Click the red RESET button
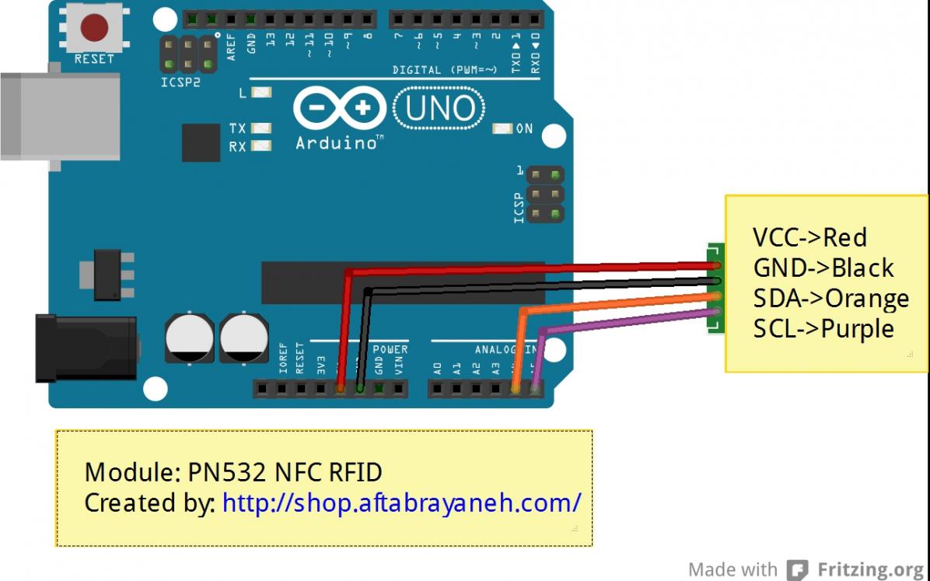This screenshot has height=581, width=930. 94,29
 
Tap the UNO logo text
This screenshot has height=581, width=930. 440,110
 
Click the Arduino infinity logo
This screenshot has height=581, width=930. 338,112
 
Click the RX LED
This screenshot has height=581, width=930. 262,145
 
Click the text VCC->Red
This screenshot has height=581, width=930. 809,237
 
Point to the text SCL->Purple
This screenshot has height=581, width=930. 823,328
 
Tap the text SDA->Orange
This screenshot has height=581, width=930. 830,298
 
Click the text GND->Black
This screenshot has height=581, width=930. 823,268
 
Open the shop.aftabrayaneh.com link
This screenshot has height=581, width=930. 401,502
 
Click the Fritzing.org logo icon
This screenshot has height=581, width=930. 797,570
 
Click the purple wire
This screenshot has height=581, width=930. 622,320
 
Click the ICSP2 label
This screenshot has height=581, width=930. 180,82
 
